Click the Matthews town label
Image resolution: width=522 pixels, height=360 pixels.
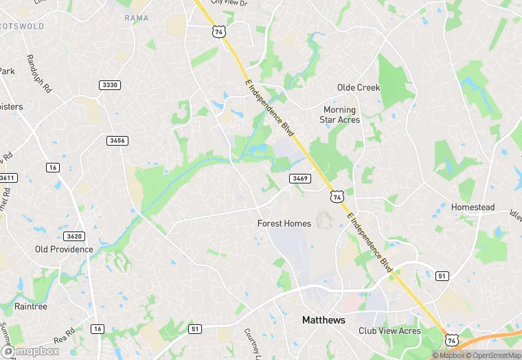tap(324, 320)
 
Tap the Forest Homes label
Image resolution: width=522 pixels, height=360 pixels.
tap(284, 223)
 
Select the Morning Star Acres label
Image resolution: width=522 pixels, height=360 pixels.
tap(339, 115)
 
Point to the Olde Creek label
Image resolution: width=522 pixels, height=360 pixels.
tap(358, 88)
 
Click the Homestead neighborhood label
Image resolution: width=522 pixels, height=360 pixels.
tap(473, 207)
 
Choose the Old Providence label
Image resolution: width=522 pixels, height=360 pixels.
tap(64, 249)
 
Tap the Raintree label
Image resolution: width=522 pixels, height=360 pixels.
tap(31, 306)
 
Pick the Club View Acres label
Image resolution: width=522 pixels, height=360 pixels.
tap(389, 330)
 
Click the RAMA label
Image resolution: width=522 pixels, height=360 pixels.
tap(137, 18)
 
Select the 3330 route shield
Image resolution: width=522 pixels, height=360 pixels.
tap(109, 85)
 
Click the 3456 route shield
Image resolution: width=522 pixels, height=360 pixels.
tap(117, 140)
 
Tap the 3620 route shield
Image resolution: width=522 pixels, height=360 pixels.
tap(75, 236)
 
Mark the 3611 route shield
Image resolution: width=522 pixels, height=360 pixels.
tap(7, 178)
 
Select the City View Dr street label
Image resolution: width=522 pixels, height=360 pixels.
tap(228, 3)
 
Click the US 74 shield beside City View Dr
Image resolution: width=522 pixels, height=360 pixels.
tap(218, 32)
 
